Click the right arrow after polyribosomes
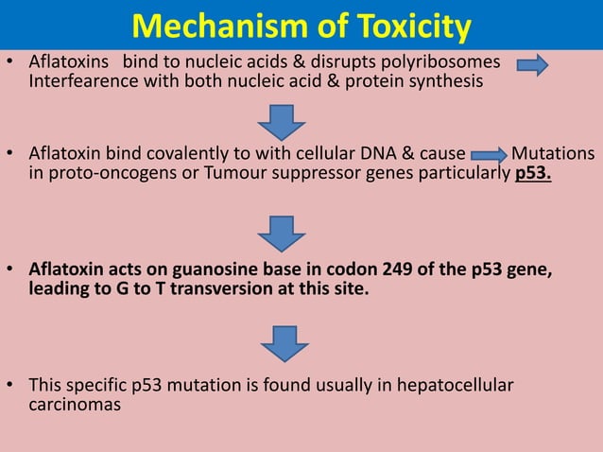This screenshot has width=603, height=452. (x=533, y=64)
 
